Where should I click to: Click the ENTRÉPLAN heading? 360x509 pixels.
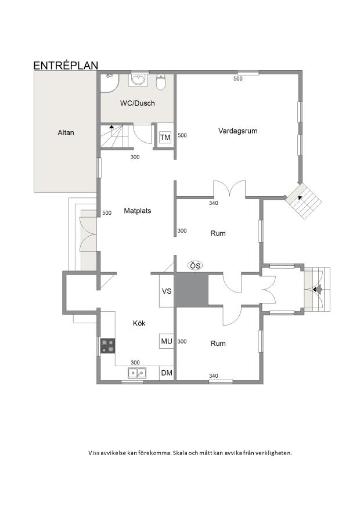66,65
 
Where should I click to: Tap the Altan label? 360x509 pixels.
66,132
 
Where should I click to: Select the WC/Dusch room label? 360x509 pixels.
137,103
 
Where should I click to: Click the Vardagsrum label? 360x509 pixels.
238,131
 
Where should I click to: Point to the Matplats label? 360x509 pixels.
138,211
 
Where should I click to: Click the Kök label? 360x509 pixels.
139,323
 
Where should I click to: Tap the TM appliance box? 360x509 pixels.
165,138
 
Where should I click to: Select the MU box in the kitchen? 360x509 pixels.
167,341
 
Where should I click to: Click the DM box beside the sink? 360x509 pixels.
167,373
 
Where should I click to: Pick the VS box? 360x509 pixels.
167,291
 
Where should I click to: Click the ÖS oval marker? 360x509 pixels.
195,266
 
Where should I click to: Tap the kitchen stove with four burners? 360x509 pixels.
108,346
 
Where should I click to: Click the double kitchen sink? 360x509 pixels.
137,373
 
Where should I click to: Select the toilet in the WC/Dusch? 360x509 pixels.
161,82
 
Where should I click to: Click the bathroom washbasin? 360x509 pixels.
138,80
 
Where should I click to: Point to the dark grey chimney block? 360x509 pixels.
191,291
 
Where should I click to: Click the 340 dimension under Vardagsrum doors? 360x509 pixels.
213,203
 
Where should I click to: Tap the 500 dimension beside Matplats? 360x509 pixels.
107,213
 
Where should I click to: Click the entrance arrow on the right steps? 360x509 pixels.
316,288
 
